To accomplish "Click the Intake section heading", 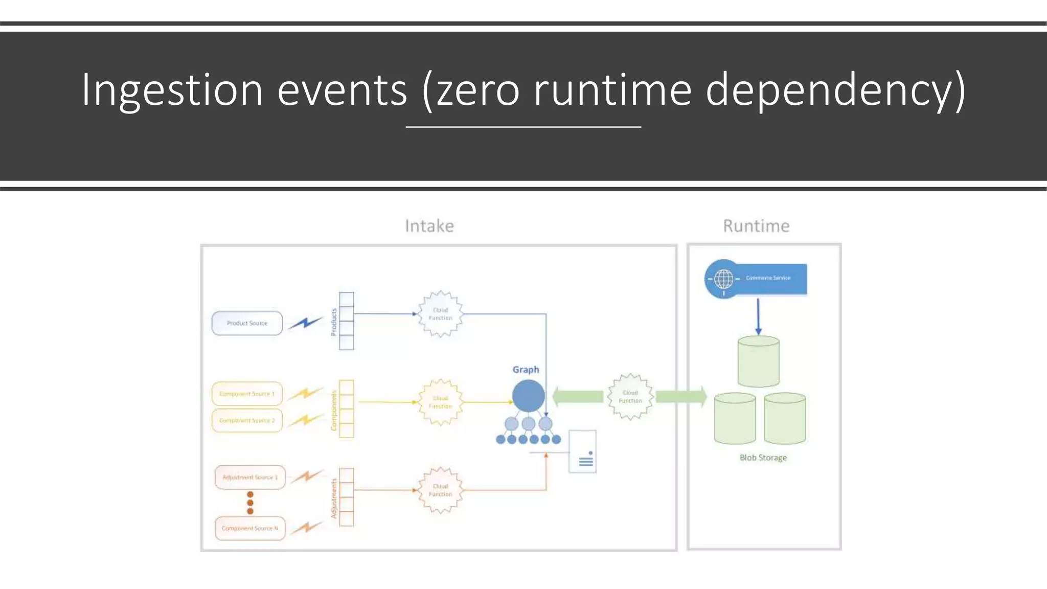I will click(429, 226).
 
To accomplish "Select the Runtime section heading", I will click(756, 226).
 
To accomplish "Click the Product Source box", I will click(247, 323).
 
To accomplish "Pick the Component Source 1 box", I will click(247, 394).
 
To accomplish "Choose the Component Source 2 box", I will click(247, 420).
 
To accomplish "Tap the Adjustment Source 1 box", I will click(250, 477).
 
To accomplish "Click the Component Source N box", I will click(250, 528).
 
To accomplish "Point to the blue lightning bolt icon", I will click(305, 323).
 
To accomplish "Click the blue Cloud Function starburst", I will click(440, 314).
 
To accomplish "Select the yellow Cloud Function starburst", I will click(440, 402).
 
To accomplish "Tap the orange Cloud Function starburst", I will click(440, 490).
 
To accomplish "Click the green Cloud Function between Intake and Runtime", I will click(630, 397).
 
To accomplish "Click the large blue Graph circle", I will click(528, 395).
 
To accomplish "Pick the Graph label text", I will click(526, 370).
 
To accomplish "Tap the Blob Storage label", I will click(763, 458).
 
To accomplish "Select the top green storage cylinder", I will click(758, 361).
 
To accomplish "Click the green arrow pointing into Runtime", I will click(680, 396).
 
